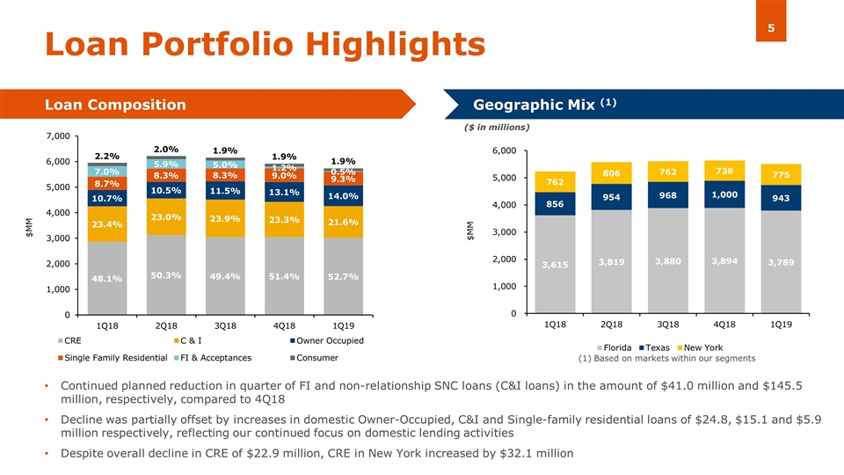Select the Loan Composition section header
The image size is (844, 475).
coord(115,106)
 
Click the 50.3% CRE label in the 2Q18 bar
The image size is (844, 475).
coord(166,275)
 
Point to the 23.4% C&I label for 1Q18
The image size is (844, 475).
coord(107,224)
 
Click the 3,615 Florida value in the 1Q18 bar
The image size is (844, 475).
coord(555,265)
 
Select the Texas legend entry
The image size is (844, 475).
coord(650,347)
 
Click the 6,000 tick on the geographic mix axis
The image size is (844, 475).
coord(504,151)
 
